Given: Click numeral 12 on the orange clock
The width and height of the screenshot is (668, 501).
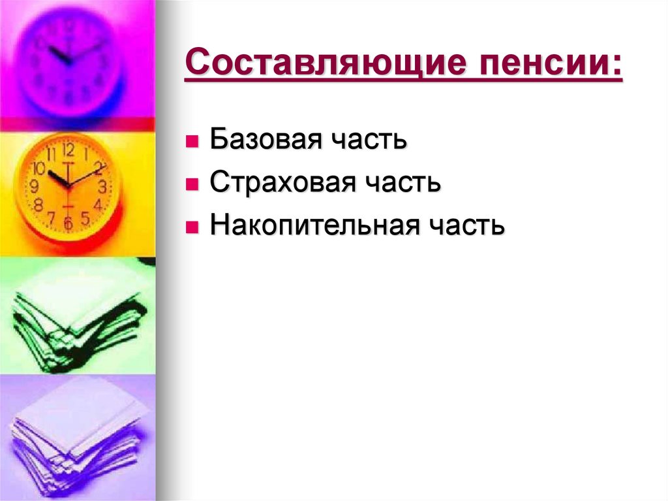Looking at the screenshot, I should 68,150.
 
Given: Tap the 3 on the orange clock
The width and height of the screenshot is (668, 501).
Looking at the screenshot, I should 102,187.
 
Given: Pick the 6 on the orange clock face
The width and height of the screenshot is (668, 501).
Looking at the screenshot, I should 67,223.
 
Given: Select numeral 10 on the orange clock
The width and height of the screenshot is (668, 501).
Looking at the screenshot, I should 38,170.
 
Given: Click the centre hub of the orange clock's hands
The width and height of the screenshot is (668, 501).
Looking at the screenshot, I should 68,187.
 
